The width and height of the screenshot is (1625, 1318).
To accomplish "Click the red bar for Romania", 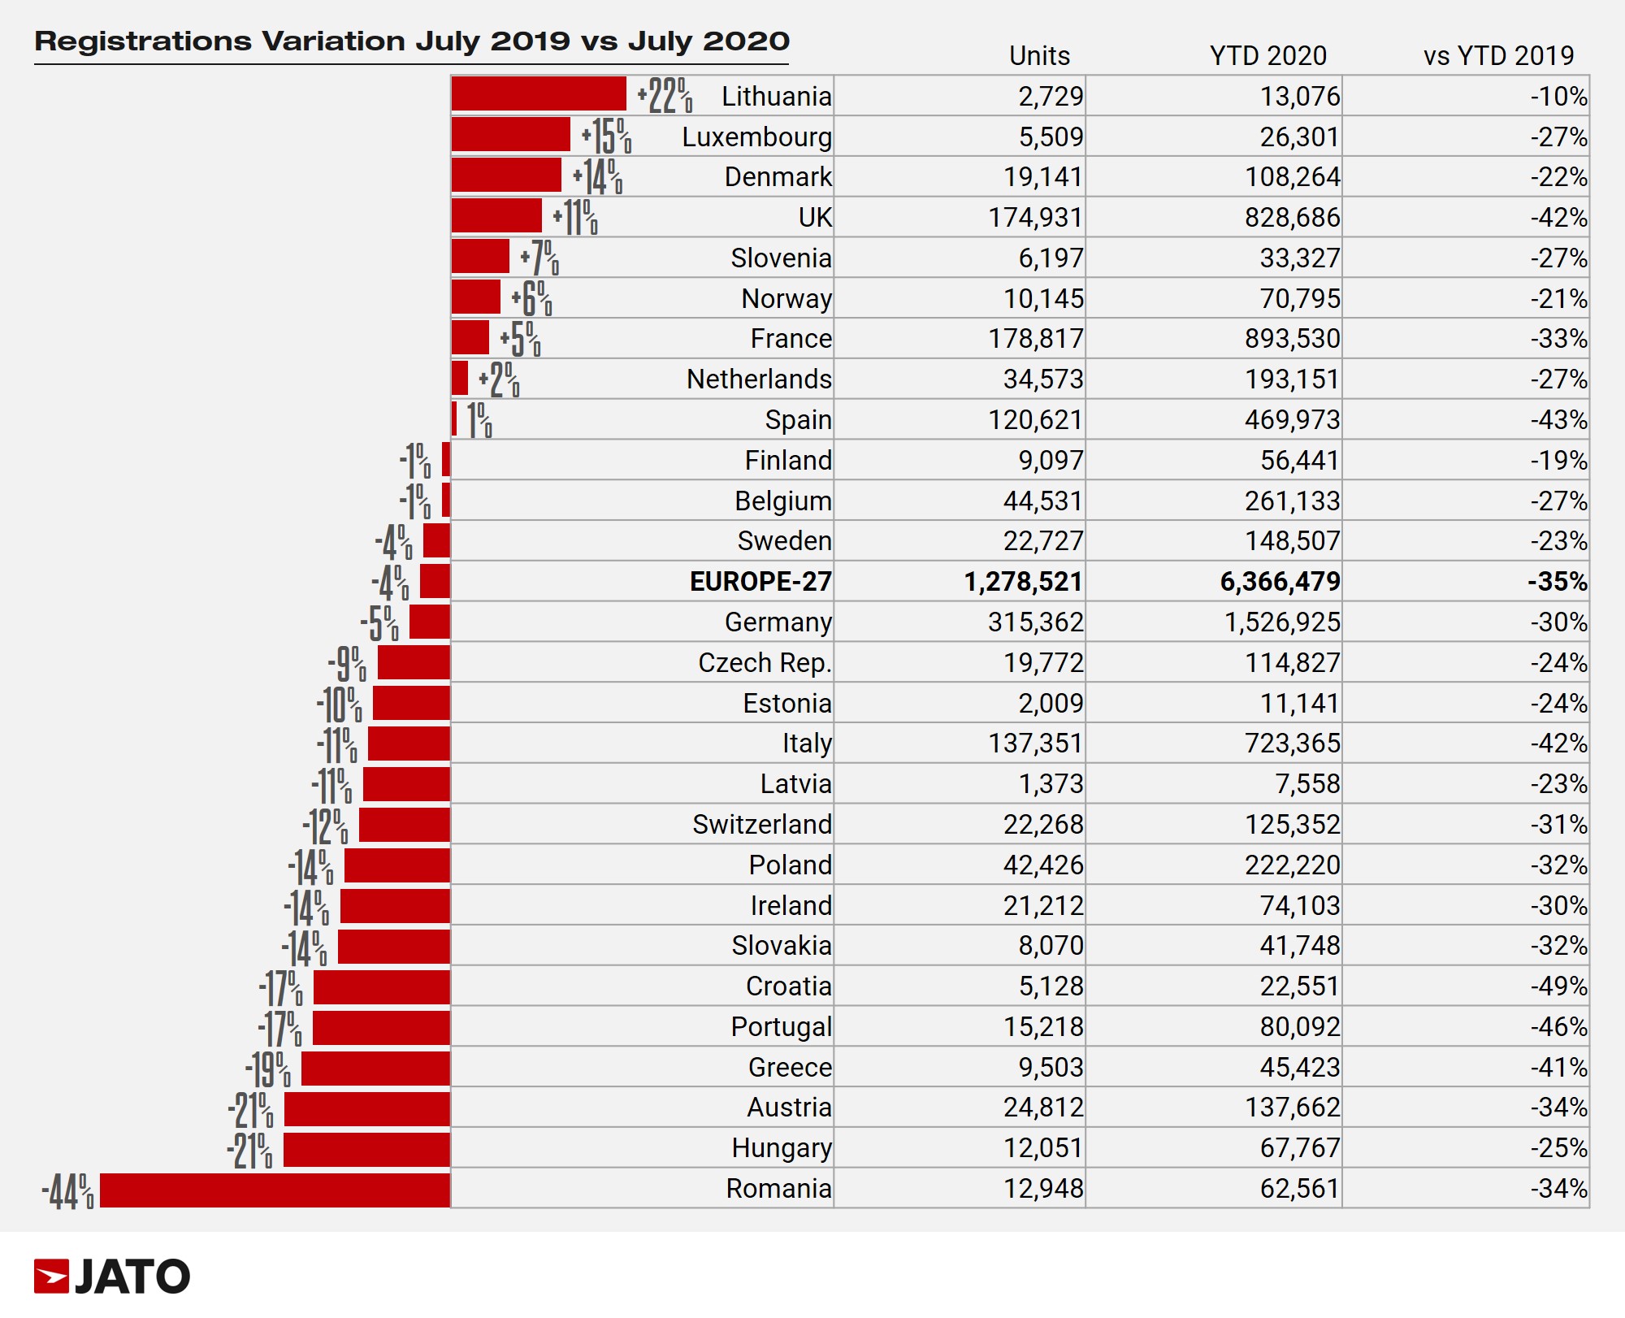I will click(x=275, y=1190).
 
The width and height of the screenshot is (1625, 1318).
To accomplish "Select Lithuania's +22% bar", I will click(x=539, y=94).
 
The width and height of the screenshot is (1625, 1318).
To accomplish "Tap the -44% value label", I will click(x=67, y=1192).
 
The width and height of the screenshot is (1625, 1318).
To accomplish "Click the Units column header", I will click(x=1039, y=55).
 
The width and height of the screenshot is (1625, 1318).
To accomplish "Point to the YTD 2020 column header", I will click(x=1267, y=55).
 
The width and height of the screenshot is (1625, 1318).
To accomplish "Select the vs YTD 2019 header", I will click(x=1498, y=55).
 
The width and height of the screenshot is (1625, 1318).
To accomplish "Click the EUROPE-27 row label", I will click(x=760, y=582).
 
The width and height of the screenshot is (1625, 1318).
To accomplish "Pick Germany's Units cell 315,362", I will click(x=1035, y=622).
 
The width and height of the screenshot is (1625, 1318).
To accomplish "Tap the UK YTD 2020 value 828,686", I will click(x=1292, y=218).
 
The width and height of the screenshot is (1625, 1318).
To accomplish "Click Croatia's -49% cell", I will click(x=1558, y=986).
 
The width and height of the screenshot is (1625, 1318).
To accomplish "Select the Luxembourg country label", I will click(x=756, y=137).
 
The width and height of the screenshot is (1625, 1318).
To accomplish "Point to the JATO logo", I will click(x=112, y=1277).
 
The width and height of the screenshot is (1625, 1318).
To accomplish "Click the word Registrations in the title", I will click(x=143, y=41).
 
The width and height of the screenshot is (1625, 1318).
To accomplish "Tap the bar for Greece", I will click(x=375, y=1068).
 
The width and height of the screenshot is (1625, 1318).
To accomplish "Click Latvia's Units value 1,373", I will click(x=1051, y=784).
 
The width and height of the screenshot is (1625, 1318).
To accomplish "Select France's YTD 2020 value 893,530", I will click(x=1292, y=339).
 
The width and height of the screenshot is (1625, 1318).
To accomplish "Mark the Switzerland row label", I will click(x=761, y=825).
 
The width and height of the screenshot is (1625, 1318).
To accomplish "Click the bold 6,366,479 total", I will click(x=1280, y=582).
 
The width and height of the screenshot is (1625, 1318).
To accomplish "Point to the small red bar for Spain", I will click(x=454, y=419).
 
